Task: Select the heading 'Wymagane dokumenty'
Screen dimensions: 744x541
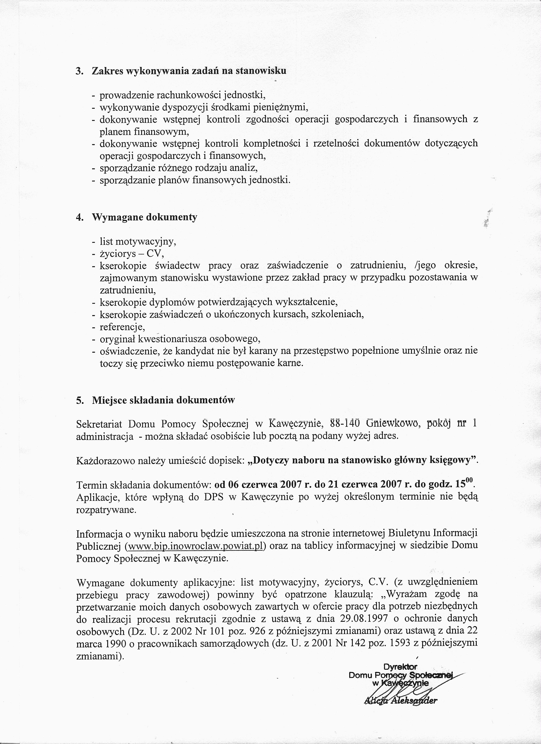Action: [145, 217]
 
